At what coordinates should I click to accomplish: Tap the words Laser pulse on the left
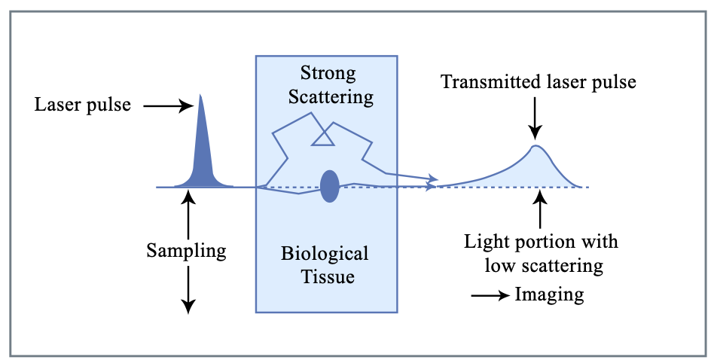(x=83, y=105)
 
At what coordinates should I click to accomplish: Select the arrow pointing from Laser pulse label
(x=168, y=106)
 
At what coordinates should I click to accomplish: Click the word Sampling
(x=187, y=250)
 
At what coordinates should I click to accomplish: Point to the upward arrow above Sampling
(x=188, y=214)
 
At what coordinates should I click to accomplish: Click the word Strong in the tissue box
(x=328, y=73)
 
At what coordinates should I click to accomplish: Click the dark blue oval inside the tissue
(x=330, y=186)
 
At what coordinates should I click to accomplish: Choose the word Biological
(x=327, y=253)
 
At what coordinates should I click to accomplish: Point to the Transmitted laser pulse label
(x=539, y=81)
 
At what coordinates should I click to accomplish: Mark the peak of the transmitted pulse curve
(x=535, y=146)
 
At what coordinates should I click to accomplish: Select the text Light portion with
(x=541, y=242)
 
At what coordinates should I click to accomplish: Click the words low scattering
(x=541, y=265)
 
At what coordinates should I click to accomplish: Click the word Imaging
(x=549, y=294)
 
